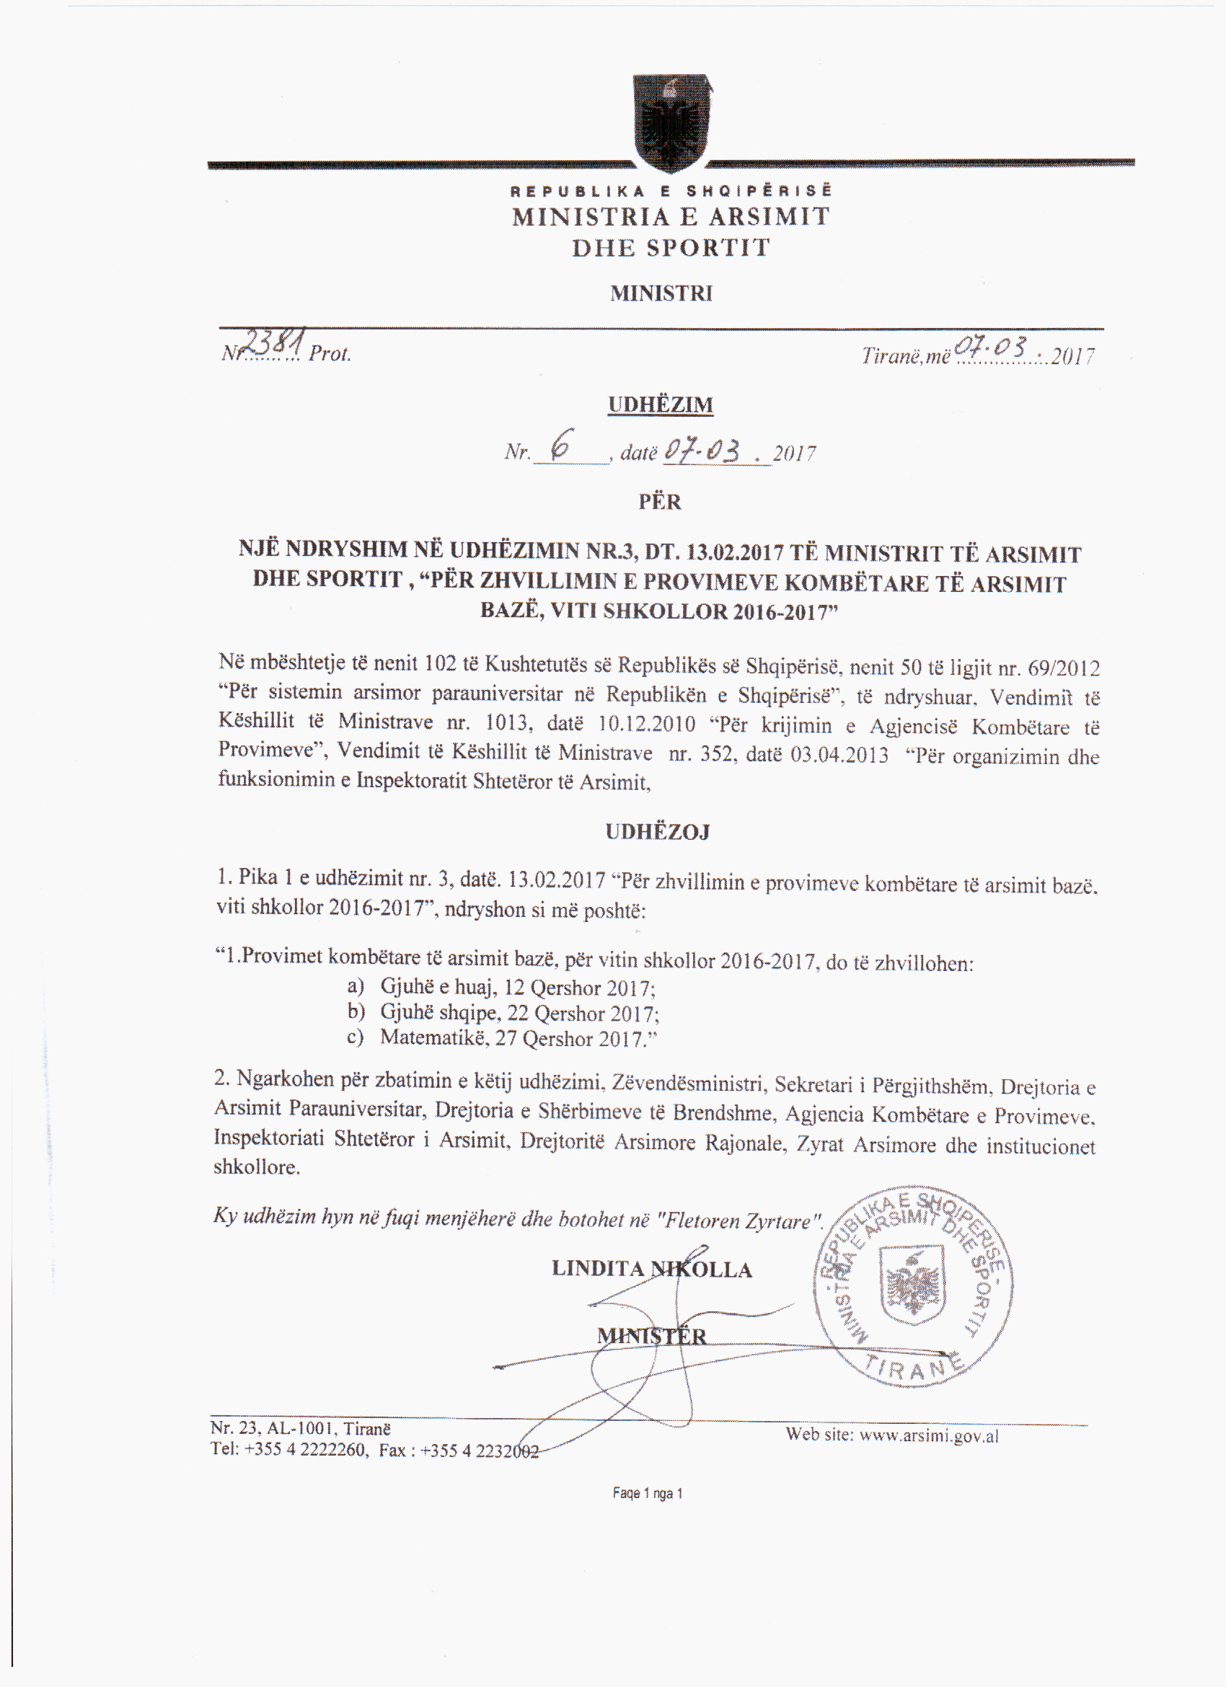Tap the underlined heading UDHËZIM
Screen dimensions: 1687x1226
point(661,404)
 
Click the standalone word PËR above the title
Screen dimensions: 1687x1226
point(660,501)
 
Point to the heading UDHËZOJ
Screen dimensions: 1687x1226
point(658,831)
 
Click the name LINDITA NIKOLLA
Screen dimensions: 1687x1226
point(652,1268)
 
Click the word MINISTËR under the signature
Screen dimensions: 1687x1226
point(652,1336)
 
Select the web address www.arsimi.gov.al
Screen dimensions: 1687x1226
point(928,1435)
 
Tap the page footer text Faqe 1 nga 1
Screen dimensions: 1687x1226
point(647,1493)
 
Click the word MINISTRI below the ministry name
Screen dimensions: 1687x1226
point(661,294)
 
